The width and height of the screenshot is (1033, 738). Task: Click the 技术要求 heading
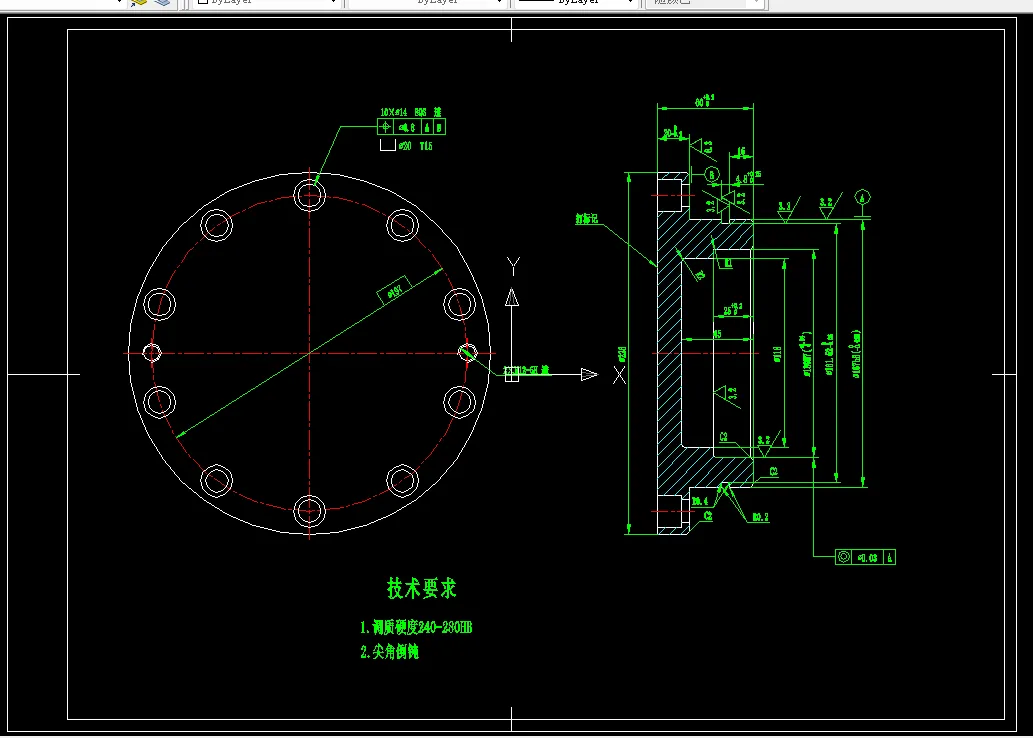(422, 588)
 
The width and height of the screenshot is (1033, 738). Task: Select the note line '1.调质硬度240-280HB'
(415, 628)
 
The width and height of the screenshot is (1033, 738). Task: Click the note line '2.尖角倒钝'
(389, 652)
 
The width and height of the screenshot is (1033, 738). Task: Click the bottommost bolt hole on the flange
(310, 512)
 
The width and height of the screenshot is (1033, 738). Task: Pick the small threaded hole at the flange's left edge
(152, 352)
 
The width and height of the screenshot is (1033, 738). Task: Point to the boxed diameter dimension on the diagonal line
(392, 290)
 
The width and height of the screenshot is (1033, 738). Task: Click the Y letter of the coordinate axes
(513, 266)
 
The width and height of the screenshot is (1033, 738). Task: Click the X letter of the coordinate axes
(619, 375)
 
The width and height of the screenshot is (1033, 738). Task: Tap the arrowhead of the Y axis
(512, 297)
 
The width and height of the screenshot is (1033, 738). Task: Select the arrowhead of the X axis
(589, 374)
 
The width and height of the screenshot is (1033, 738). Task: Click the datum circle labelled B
(712, 174)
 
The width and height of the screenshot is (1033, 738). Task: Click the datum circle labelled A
(865, 196)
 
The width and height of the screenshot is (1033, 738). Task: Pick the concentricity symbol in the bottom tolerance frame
(844, 556)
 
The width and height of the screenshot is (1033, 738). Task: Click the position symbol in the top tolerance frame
(386, 127)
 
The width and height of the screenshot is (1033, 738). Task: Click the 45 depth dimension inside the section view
(718, 333)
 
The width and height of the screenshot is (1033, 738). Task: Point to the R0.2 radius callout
(760, 517)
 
